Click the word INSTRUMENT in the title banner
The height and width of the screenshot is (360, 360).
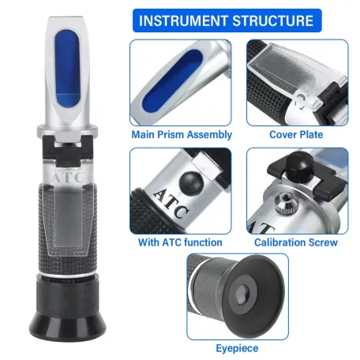tap(183, 21)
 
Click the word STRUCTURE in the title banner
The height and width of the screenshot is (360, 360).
tap(273, 21)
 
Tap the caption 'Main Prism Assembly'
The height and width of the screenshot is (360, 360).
tap(182, 134)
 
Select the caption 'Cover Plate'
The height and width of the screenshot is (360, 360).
tap(296, 134)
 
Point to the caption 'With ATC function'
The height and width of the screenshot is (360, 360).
tap(180, 242)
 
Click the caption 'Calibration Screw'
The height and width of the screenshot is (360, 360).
tap(296, 242)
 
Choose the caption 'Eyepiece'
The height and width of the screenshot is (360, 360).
tap(237, 348)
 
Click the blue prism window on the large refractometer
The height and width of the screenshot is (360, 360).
tap(67, 68)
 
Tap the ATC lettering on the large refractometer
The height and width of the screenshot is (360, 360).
tap(68, 177)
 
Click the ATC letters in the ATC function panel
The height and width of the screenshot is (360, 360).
tap(171, 203)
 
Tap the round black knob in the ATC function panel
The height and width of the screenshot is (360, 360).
tap(191, 184)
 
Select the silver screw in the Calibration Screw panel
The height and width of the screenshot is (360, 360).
tap(287, 203)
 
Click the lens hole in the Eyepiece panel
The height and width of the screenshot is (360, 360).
tap(242, 294)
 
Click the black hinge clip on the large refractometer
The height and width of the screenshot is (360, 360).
tap(68, 152)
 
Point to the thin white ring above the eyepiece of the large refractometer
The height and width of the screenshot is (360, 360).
tap(67, 275)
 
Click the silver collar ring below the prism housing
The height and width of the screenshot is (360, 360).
tap(67, 130)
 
